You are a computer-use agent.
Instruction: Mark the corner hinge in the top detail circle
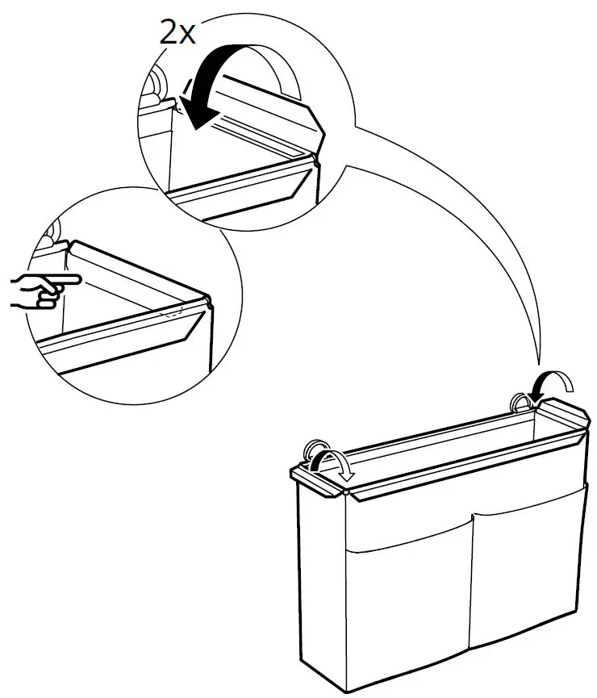pyautogui.click(x=317, y=161)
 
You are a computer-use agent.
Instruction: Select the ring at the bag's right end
pyautogui.click(x=522, y=403)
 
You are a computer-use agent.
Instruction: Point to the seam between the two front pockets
pyautogui.click(x=470, y=581)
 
